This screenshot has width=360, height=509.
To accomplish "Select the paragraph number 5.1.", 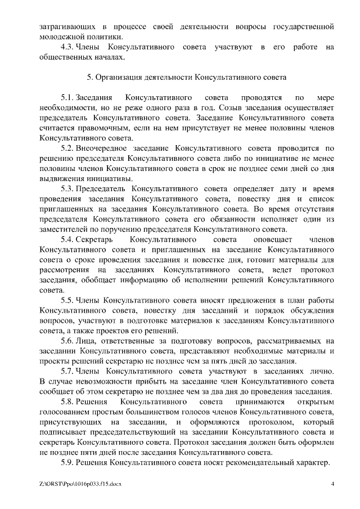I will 67,97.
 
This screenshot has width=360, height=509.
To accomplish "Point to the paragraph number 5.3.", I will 67,188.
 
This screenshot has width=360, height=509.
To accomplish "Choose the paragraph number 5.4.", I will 67,240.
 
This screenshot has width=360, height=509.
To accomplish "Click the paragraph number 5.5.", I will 67,300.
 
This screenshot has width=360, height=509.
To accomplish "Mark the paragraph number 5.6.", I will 67,341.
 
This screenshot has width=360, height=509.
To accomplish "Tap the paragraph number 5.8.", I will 67,402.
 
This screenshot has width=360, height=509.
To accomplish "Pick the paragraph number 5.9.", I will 67,462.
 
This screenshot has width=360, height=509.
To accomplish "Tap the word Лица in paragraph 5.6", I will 84,341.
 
